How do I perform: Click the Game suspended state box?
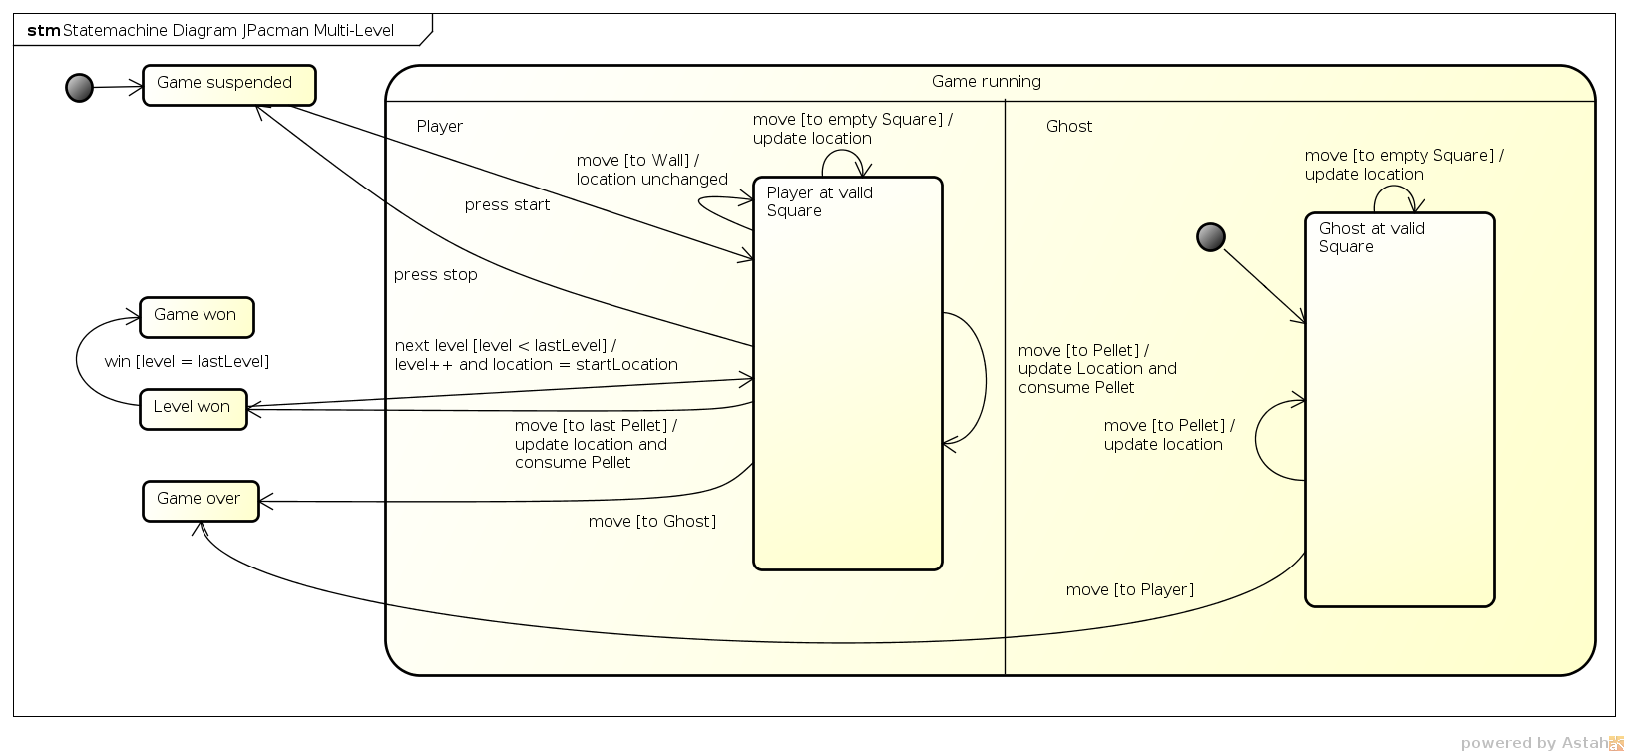pos(229,85)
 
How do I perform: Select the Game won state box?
pos(197,318)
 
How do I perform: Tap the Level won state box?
pos(194,409)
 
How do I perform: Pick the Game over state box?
pos(201,501)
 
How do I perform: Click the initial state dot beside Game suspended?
pos(79,87)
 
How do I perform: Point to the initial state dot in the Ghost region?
pos(1211,237)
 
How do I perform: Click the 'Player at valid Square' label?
pos(820,201)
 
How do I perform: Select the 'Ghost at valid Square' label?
pos(1372,237)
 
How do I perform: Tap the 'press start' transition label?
pos(507,205)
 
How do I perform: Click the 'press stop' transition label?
pos(436,275)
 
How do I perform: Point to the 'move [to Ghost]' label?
pos(652,522)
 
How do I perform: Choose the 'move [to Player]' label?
pos(1130,589)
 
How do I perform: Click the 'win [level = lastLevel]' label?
pos(187,361)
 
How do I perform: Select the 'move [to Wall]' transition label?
pos(637,160)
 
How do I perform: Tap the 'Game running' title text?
pos(987,82)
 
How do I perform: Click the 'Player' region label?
pos(439,126)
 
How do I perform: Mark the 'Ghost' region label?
pos(1069,126)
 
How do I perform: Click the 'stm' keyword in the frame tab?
pos(44,31)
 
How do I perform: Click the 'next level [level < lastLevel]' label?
pos(506,345)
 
